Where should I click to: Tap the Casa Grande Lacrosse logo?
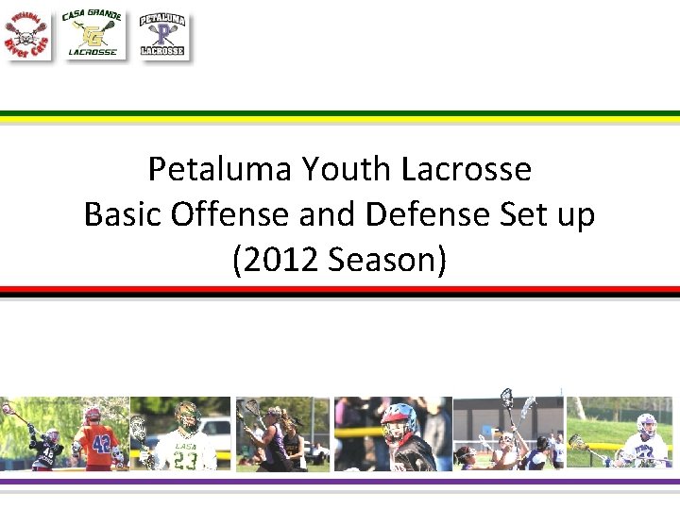pyautogui.click(x=92, y=35)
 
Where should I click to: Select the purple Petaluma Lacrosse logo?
pyautogui.click(x=162, y=36)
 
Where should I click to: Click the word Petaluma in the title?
pyautogui.click(x=220, y=169)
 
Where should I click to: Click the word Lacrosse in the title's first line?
pyautogui.click(x=467, y=169)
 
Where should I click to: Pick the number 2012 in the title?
pyautogui.click(x=279, y=259)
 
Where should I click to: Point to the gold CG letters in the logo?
pyautogui.click(x=92, y=35)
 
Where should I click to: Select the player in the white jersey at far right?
pyautogui.click(x=646, y=444)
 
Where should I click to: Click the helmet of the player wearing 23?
pyautogui.click(x=186, y=416)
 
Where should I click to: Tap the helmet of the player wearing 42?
pyautogui.click(x=93, y=416)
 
